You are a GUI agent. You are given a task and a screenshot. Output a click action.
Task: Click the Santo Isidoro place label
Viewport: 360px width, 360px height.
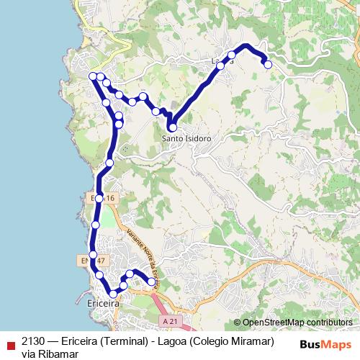pos(186,138)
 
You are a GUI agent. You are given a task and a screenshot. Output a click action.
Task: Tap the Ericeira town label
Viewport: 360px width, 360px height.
pos(102,305)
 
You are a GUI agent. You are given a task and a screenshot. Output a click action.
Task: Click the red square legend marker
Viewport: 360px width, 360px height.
pos(10,341)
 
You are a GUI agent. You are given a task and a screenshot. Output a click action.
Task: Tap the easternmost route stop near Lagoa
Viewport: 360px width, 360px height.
pos(268,64)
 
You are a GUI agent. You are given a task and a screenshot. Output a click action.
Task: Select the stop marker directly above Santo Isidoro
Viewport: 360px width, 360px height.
pos(172,127)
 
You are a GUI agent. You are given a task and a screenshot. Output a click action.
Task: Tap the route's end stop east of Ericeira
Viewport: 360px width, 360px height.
pos(151,282)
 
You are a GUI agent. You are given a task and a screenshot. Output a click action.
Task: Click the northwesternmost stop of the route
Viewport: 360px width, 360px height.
pos(92,76)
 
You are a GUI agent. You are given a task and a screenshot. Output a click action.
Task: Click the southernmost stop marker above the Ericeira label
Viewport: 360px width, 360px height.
pos(112,293)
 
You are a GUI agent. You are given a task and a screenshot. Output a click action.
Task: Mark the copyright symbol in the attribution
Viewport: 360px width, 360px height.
pos(238,323)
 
